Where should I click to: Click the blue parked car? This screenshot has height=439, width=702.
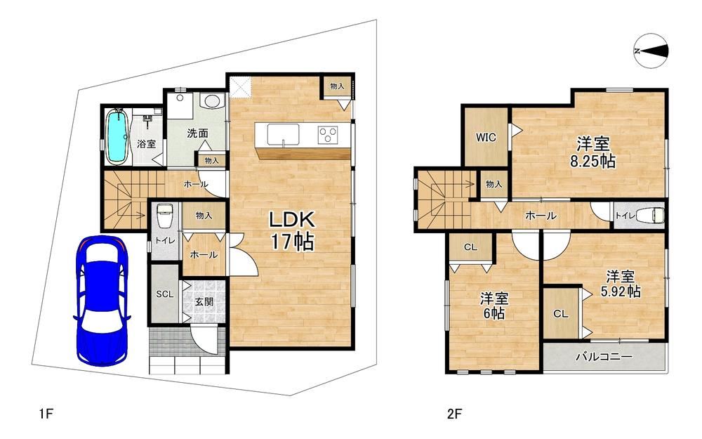pos(102,301)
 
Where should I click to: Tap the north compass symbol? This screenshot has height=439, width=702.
pos(651,51)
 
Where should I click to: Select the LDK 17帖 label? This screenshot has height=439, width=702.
pos(292,230)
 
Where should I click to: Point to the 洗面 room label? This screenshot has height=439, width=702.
pos(197,133)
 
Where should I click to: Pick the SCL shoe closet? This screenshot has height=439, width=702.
pos(165,294)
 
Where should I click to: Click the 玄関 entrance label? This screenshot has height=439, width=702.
pos(204,301)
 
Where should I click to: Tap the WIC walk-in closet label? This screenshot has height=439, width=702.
pos(486,137)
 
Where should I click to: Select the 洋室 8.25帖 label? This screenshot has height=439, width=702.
pos(592,152)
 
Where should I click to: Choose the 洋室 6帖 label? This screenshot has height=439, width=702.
pos(494,306)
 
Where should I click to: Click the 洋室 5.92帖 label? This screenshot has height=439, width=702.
pos(621,284)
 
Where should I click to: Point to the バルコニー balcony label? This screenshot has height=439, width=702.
pos(604,357)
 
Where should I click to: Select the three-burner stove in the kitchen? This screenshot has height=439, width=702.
pos(328,134)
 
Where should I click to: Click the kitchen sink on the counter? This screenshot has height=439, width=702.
pos(283,134)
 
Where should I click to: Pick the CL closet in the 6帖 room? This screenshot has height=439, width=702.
pos(470,247)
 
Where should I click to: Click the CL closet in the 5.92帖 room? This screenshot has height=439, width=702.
pos(560,313)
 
